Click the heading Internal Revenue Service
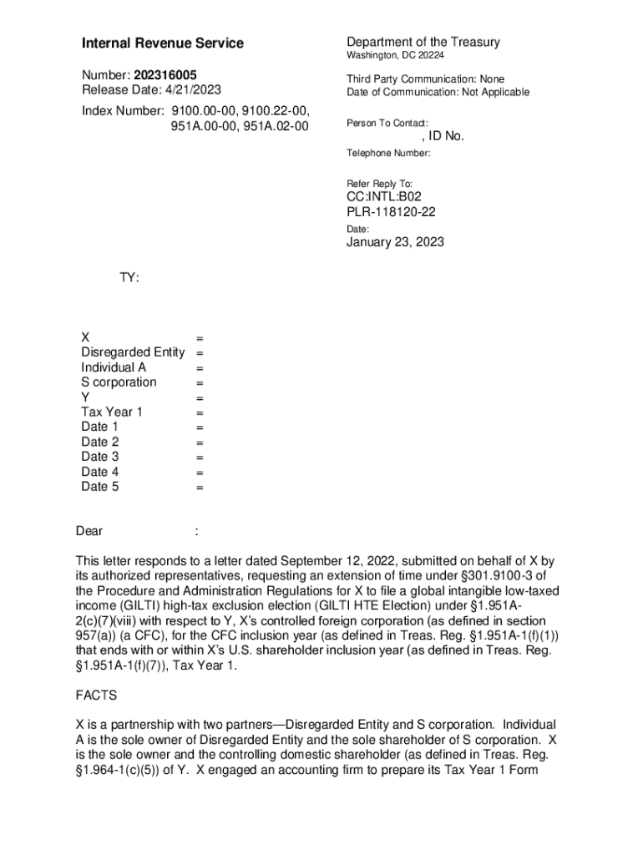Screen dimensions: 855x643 [163, 43]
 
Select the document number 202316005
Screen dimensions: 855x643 [165, 75]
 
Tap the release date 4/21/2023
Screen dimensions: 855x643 [191, 90]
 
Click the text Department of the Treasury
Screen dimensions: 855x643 [423, 43]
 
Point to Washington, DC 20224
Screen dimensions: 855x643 [396, 56]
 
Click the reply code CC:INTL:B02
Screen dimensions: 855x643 [384, 197]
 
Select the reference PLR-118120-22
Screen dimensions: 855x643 [391, 212]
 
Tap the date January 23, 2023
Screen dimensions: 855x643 [395, 243]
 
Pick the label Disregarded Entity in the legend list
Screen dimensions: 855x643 [133, 352]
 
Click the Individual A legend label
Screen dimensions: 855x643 [114, 367]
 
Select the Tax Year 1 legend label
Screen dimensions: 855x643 [112, 412]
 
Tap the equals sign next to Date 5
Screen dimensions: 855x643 [200, 488]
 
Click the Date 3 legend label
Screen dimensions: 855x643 [100, 457]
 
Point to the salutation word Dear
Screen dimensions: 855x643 [89, 531]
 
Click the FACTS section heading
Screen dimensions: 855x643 [96, 696]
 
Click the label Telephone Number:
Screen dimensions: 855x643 [388, 154]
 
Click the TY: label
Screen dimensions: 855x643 [129, 276]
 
